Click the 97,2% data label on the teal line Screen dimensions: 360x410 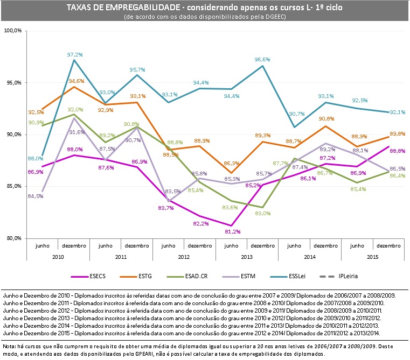[x=74, y=54]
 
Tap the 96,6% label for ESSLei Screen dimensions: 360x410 [x=262, y=59]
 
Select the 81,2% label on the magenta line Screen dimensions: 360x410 [x=231, y=231]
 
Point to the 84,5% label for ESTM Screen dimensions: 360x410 [x=35, y=196]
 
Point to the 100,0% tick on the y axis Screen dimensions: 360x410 [x=12, y=31]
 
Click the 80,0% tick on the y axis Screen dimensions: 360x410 [x=13, y=238]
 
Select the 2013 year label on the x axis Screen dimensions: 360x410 [x=247, y=258]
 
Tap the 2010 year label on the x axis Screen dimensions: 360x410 [x=58, y=258]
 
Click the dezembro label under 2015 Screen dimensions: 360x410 [x=389, y=245]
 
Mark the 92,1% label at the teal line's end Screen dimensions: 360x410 [x=398, y=112]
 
